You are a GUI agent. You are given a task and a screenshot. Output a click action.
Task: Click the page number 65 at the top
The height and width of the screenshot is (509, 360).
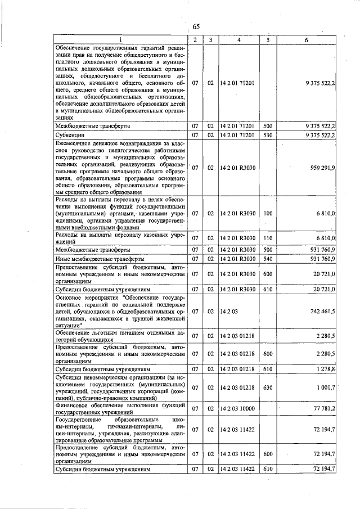click(x=196, y=27)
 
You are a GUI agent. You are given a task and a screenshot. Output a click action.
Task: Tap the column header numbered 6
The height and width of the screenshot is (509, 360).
click(x=306, y=40)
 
